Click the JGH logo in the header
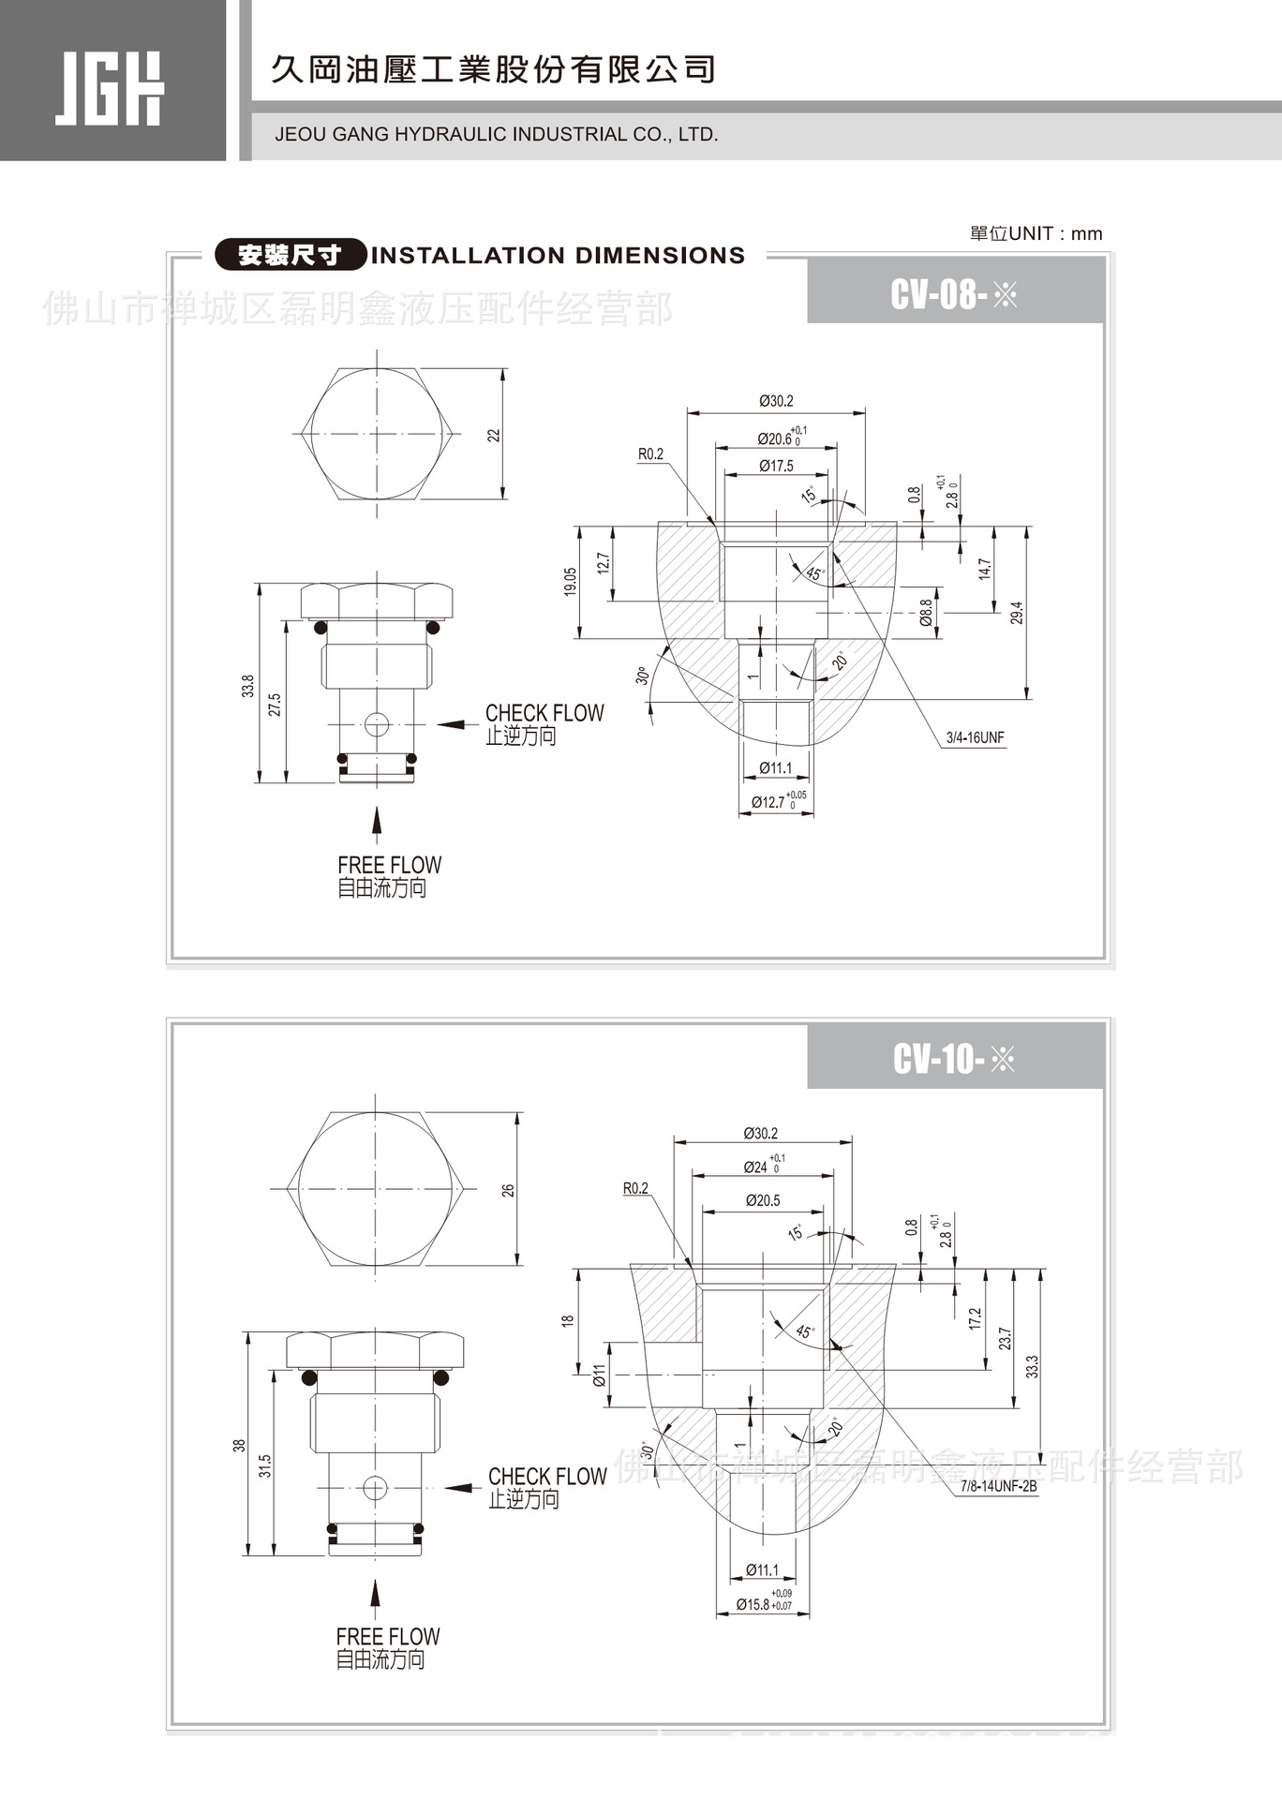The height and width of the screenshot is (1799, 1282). point(109,88)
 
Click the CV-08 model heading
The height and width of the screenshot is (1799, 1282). point(953,295)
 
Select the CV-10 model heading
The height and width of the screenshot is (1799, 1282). point(953,1060)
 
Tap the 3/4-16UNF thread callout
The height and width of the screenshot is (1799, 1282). point(975,738)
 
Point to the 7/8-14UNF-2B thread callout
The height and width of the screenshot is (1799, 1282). point(998,1486)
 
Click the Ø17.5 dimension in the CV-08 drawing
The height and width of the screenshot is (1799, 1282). point(776,466)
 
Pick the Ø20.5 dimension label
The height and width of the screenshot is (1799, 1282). point(763,1200)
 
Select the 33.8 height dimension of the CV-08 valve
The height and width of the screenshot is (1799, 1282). point(248,686)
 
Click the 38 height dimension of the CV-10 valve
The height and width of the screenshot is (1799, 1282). point(240,1446)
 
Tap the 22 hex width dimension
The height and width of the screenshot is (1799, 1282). point(494,435)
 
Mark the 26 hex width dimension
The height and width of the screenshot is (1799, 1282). point(508,1190)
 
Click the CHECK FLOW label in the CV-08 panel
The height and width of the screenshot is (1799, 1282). point(544,713)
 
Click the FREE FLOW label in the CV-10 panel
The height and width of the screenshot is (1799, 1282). point(388,1637)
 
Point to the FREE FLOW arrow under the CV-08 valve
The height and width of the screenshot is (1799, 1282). point(377,820)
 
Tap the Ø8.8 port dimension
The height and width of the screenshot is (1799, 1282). point(926,613)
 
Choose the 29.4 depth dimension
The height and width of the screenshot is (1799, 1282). point(1018,613)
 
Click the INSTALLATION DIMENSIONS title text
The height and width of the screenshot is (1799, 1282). point(558,256)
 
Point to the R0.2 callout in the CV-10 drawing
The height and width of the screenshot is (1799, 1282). point(635,1188)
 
